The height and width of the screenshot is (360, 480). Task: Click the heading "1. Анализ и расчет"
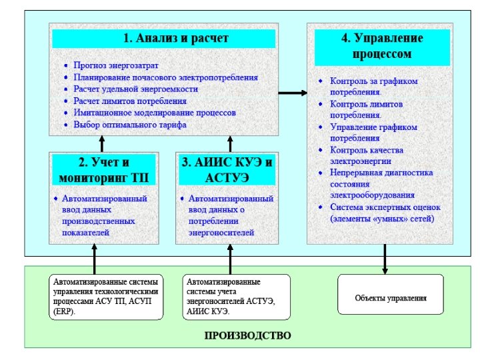point(163,38)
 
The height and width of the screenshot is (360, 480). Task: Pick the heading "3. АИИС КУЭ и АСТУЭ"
point(227,170)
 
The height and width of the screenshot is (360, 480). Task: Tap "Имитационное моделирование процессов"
point(155,113)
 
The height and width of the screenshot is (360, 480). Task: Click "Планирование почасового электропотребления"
point(166,77)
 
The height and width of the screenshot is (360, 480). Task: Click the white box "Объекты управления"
point(391,298)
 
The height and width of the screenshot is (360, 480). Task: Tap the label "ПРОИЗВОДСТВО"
point(247,335)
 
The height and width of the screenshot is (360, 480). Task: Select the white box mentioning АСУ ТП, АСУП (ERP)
point(106,297)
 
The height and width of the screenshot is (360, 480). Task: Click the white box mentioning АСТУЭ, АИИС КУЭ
point(237,297)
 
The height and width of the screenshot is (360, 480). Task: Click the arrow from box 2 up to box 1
point(102,143)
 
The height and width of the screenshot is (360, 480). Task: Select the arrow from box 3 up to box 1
point(230,143)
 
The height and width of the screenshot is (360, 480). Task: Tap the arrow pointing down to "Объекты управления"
point(385,259)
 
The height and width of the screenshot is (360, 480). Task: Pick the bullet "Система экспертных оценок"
point(382,213)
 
